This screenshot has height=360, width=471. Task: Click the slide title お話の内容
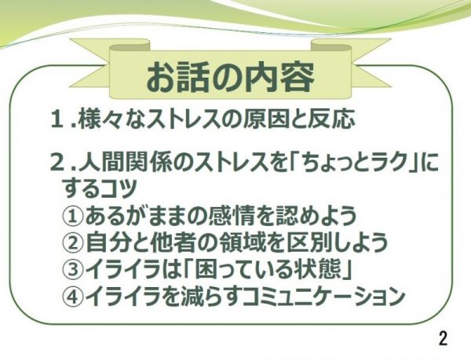point(230,77)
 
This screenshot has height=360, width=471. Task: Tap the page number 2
point(443,338)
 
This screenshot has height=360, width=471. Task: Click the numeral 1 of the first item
point(57,119)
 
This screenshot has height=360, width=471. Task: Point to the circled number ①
point(72,216)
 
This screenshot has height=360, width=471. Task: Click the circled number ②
point(72,242)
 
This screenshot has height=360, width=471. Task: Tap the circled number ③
point(72,269)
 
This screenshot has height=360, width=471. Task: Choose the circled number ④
point(72,296)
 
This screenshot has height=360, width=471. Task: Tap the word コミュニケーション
point(323,296)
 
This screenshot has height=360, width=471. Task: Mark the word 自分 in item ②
point(109,242)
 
